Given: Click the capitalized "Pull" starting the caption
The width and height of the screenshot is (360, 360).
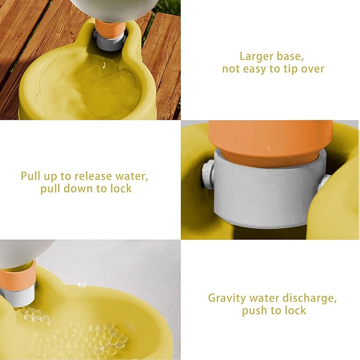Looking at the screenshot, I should (31, 175).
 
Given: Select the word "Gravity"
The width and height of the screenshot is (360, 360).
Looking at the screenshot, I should (226, 298).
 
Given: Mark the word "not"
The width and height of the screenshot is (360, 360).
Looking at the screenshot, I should (231, 69).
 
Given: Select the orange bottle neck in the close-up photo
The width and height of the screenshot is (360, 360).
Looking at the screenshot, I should (270, 143).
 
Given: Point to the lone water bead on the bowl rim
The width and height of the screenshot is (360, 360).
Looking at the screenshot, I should (81, 285).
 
